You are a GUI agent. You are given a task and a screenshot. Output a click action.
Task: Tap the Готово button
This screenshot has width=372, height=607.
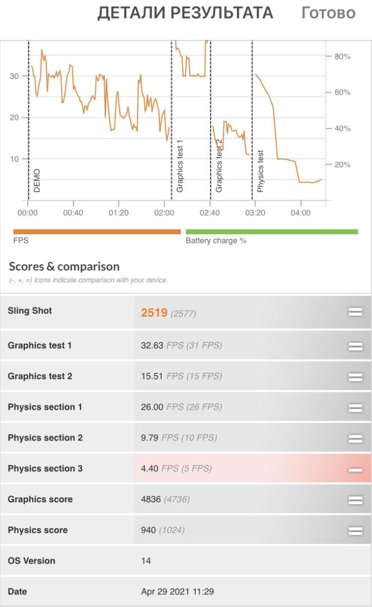click(328, 13)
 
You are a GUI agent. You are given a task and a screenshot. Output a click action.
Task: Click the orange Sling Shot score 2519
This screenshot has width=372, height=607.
click(154, 313)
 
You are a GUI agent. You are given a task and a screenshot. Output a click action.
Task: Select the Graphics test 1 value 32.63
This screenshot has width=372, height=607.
click(152, 345)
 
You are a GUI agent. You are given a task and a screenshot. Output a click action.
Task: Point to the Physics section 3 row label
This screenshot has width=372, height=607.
click(45, 468)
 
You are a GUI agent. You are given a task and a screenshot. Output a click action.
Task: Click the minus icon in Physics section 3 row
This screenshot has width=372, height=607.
click(355, 469)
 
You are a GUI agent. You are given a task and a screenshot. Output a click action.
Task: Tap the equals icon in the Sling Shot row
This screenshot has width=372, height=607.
click(355, 312)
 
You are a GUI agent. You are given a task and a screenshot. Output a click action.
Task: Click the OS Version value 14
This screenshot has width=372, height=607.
click(146, 561)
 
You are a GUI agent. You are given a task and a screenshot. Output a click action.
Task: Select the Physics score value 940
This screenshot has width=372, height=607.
click(148, 530)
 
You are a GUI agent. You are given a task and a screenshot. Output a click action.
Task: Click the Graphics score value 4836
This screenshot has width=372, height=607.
click(151, 499)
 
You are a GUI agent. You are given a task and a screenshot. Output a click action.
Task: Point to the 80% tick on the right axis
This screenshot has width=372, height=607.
click(342, 56)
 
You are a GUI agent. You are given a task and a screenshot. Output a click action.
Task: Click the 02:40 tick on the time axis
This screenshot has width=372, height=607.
click(210, 213)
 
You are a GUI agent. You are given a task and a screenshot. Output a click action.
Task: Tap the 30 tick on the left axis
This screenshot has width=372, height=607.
click(14, 76)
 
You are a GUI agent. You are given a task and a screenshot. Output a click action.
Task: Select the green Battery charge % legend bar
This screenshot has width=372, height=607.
click(272, 232)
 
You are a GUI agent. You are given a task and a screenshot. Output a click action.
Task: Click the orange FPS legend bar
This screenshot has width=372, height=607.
click(97, 232)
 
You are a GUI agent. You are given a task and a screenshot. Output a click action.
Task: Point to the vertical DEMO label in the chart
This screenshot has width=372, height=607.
click(36, 181)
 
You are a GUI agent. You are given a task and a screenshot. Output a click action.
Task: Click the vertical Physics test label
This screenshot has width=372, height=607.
click(260, 171)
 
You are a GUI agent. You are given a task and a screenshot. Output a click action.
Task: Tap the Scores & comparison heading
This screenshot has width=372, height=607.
click(64, 267)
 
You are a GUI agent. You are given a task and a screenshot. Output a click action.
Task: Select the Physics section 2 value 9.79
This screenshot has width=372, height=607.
click(150, 438)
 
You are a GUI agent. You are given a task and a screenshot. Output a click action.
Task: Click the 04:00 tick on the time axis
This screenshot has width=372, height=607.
click(301, 213)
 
